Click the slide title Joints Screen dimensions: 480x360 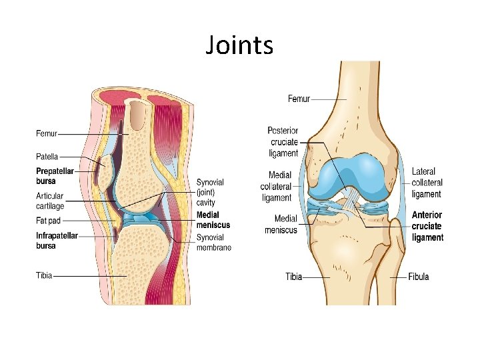click(x=239, y=45)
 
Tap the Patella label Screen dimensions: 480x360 click(x=47, y=157)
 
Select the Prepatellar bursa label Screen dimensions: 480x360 click(x=55, y=176)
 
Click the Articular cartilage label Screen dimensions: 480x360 click(x=50, y=201)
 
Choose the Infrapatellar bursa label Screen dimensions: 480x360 click(x=57, y=241)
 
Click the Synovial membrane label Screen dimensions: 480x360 click(x=214, y=243)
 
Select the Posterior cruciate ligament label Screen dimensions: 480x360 click(x=283, y=142)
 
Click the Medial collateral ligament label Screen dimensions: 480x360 click(x=276, y=187)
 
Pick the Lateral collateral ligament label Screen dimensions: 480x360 click(x=427, y=183)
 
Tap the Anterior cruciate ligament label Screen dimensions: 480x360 click(x=427, y=226)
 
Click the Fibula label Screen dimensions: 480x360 click(x=419, y=277)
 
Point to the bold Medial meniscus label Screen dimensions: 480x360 click(x=213, y=220)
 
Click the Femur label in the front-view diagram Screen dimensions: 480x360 click(x=299, y=99)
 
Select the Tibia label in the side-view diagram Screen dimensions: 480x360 click(x=44, y=275)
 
